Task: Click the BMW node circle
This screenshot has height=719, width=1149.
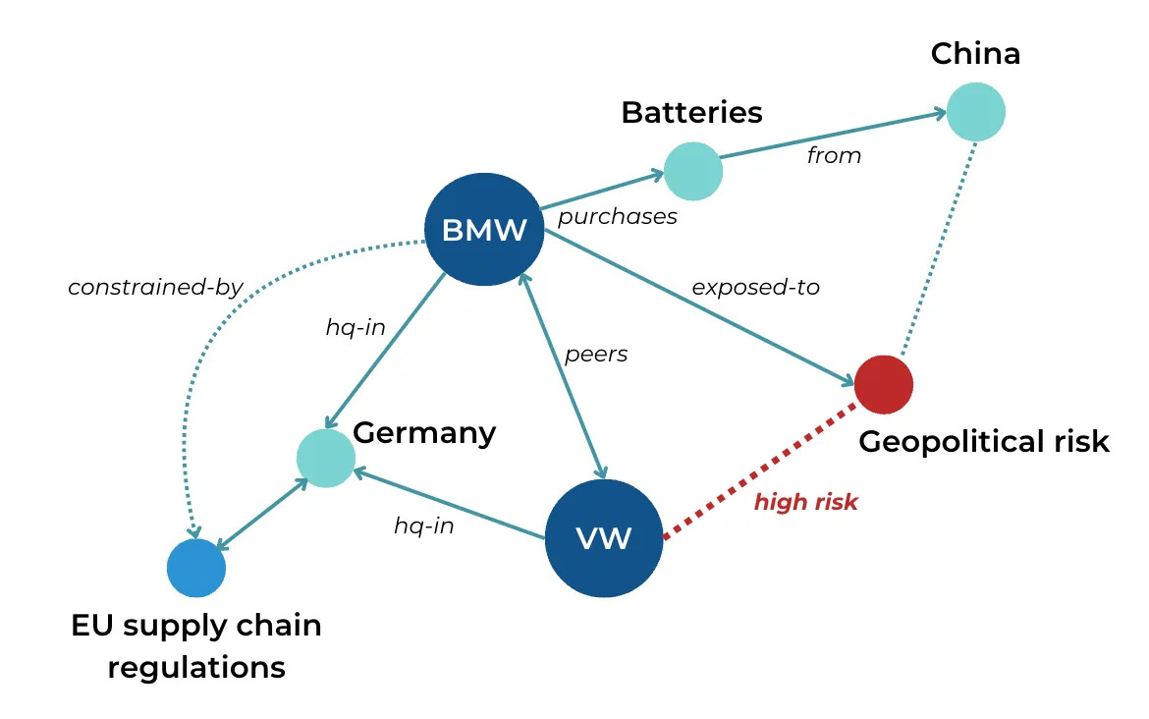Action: [x=484, y=230]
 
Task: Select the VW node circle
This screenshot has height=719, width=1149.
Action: [x=603, y=538]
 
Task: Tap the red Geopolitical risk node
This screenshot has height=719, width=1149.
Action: [x=884, y=384]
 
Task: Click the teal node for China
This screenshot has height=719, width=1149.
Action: [x=975, y=112]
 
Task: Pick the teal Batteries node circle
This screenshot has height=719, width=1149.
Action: [x=693, y=171]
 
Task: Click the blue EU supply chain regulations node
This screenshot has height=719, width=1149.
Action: [x=195, y=568]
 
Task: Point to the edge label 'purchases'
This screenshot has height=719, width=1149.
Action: [x=618, y=217]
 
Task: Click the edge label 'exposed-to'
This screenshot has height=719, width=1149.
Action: [x=755, y=288]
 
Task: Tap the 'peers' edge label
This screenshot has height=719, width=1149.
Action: [x=596, y=354]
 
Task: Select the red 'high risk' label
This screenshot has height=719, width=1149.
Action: [x=805, y=503]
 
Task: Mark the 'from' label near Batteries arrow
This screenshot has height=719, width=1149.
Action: [x=834, y=155]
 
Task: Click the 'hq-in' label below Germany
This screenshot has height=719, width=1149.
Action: [x=424, y=525]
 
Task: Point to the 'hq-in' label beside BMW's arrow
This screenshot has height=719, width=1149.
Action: [x=356, y=328]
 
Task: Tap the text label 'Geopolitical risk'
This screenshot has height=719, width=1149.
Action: [x=984, y=442]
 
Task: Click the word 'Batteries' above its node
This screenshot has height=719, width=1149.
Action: [x=691, y=112]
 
